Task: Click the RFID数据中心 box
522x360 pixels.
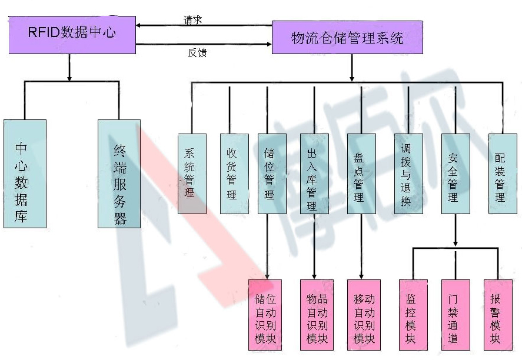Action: click(72, 35)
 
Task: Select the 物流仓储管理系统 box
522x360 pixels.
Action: click(347, 37)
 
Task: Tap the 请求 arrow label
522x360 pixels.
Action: click(193, 20)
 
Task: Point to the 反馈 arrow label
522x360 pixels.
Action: click(197, 52)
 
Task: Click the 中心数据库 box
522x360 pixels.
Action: click(25, 174)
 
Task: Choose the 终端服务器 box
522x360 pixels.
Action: click(119, 174)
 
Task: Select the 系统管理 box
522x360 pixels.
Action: click(192, 174)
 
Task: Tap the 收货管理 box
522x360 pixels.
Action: click(234, 174)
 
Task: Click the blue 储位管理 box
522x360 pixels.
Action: click(272, 174)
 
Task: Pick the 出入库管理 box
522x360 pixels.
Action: click(314, 174)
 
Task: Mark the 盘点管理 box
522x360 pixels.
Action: click(361, 174)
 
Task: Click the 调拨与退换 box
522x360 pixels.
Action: click(408, 174)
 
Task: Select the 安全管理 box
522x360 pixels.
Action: click(455, 174)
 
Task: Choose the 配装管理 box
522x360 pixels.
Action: click(503, 174)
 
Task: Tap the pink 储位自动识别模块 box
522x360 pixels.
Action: click(265, 315)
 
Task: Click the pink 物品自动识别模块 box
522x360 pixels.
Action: click(317, 315)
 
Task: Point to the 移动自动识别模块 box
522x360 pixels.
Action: click(364, 315)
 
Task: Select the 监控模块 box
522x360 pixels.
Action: click(413, 315)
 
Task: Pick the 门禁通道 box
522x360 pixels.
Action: click(455, 315)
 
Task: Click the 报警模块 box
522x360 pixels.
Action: click(498, 315)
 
